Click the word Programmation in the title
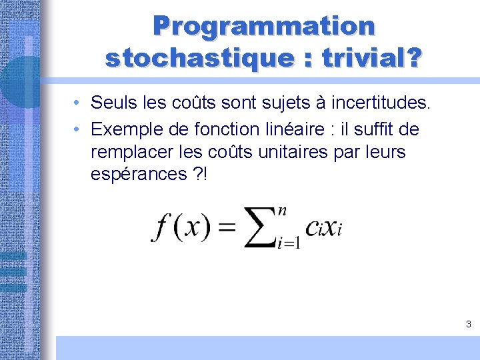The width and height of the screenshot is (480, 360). (x=264, y=27)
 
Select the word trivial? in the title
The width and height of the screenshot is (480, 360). (x=372, y=59)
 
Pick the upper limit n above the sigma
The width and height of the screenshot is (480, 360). (x=283, y=211)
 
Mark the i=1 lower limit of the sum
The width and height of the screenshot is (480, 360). (x=288, y=243)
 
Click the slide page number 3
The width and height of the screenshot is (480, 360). (x=468, y=325)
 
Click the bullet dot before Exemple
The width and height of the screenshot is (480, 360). (x=78, y=129)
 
